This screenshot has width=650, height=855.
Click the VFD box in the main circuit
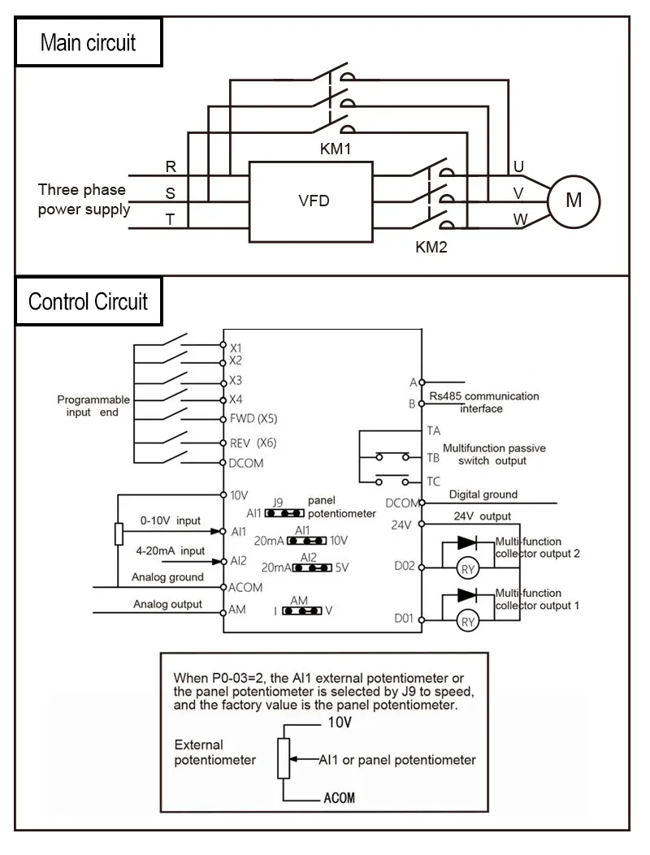[312, 201]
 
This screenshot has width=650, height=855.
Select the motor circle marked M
[573, 200]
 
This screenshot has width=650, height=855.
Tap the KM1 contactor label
[335, 150]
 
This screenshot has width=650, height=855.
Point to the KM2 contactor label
[431, 248]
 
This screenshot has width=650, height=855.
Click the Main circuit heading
[89, 43]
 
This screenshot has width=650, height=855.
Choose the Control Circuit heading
[89, 302]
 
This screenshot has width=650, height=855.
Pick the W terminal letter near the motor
[518, 219]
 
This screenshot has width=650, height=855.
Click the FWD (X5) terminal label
[253, 420]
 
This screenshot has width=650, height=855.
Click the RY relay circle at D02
[467, 568]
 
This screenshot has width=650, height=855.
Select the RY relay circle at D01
[467, 623]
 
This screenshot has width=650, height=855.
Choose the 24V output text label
[483, 516]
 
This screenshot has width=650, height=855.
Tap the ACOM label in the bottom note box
[339, 797]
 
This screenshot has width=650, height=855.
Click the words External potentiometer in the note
[215, 752]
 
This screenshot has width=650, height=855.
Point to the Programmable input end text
[93, 406]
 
